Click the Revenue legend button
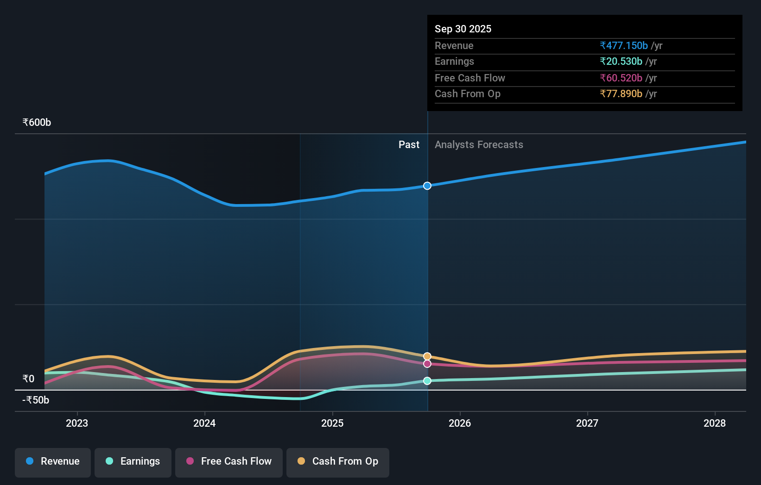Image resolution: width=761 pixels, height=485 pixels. (x=53, y=462)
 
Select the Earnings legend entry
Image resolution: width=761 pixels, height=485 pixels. (x=133, y=462)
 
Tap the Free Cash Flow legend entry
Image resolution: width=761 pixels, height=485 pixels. (x=229, y=462)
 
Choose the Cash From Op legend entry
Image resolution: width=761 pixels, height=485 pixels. (x=338, y=462)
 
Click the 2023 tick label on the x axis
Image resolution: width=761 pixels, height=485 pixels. (x=77, y=423)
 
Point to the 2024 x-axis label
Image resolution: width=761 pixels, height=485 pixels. (x=204, y=423)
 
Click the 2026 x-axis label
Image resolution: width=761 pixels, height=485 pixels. (x=460, y=423)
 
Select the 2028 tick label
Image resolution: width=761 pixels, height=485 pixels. (x=715, y=423)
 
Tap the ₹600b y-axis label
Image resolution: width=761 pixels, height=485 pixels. (x=37, y=123)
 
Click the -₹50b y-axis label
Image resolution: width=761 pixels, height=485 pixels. (x=36, y=400)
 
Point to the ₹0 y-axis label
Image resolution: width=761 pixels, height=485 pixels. (x=29, y=379)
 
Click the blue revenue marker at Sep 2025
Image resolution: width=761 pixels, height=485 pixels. (x=427, y=186)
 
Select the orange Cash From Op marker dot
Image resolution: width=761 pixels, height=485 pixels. (x=427, y=356)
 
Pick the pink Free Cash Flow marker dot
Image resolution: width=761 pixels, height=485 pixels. (x=427, y=364)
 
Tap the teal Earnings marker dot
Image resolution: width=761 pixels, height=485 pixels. (x=427, y=381)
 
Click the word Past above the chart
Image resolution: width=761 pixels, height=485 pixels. (x=409, y=145)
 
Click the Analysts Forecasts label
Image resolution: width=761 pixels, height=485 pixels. (x=479, y=145)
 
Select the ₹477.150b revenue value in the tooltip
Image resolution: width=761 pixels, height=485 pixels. (x=624, y=46)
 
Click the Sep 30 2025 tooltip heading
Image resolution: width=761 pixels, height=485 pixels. (x=463, y=29)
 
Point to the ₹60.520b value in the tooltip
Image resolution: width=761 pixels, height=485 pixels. (x=621, y=78)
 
